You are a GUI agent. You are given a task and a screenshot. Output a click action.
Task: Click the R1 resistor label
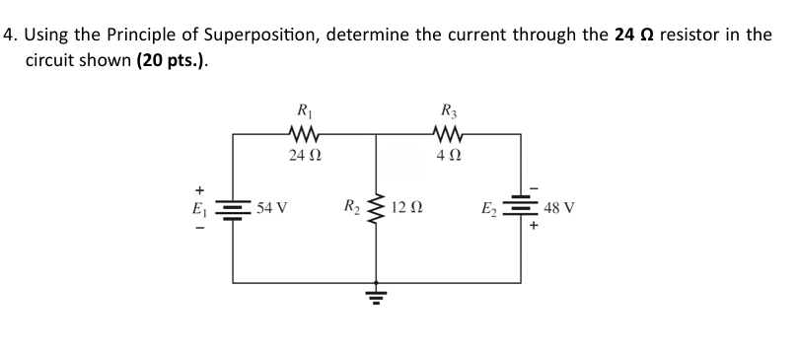303,111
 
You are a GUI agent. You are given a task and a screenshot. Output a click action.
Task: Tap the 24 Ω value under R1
304,155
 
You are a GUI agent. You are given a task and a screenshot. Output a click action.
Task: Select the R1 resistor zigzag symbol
303,133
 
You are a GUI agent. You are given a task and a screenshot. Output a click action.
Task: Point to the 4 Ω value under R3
450,155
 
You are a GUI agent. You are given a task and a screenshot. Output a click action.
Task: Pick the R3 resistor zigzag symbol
450,133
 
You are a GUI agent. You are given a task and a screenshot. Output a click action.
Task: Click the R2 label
350,207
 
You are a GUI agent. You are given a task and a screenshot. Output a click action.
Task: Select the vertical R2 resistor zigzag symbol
376,208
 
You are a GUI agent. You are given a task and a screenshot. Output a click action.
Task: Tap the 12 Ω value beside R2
406,208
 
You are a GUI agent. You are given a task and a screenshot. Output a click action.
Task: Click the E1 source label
200,208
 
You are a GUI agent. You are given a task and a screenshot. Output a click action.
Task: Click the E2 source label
488,208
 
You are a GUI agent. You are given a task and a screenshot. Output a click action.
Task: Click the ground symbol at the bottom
376,292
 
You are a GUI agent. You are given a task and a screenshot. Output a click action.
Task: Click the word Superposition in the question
260,35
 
